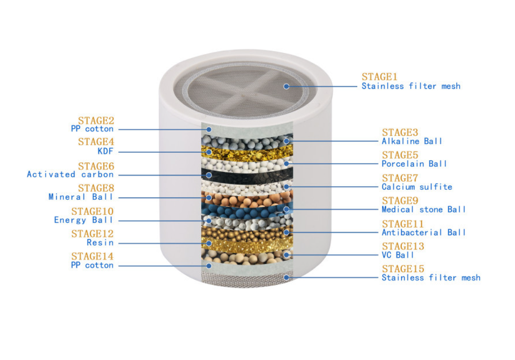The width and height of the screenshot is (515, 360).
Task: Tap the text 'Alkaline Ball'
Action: (x=412, y=141)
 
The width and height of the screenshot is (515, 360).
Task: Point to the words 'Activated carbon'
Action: (x=70, y=174)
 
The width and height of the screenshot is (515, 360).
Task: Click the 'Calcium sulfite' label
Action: (x=416, y=187)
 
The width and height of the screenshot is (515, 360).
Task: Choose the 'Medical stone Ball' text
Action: (x=423, y=209)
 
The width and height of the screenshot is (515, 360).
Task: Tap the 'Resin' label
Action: (x=100, y=243)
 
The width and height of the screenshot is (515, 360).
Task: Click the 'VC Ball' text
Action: (x=398, y=255)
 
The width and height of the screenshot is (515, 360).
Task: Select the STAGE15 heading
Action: (x=403, y=269)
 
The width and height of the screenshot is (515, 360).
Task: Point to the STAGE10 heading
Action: (x=93, y=211)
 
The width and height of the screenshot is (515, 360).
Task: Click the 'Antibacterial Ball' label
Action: (x=423, y=232)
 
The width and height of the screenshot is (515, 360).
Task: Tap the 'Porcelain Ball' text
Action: (x=414, y=164)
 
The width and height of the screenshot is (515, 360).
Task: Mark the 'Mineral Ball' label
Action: (x=81, y=197)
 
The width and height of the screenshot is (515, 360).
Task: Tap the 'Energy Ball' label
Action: (x=84, y=220)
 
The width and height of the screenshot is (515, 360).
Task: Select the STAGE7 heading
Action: (x=400, y=178)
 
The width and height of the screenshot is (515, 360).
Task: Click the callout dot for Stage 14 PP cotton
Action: (x=209, y=266)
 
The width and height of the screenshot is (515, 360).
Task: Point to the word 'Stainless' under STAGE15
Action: (x=401, y=277)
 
